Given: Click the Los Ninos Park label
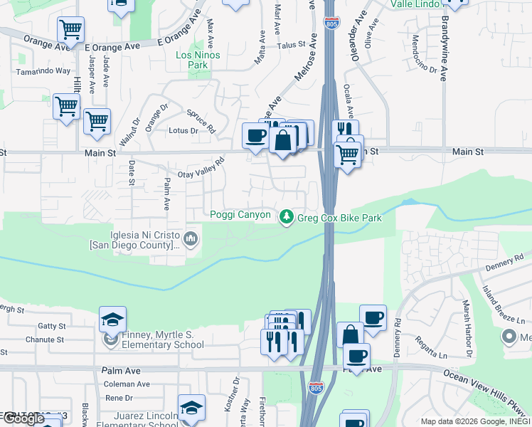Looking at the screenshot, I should click(x=198, y=60).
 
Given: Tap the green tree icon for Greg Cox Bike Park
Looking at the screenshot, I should click(x=287, y=216).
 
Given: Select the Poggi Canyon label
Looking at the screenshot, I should click(x=240, y=215).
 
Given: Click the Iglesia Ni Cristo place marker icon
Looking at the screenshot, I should click(x=190, y=238).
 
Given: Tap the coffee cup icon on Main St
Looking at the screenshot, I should click(x=255, y=135).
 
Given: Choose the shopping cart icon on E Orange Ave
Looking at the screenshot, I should click(x=70, y=31).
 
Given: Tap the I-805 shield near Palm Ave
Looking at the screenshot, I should click(x=316, y=389).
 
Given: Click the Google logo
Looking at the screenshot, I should click(x=24, y=418).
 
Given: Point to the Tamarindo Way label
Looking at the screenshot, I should click(x=43, y=71).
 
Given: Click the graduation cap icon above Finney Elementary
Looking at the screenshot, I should click(x=112, y=319).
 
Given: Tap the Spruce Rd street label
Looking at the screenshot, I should click(x=201, y=121).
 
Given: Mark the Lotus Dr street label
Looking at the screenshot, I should click(x=183, y=131).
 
